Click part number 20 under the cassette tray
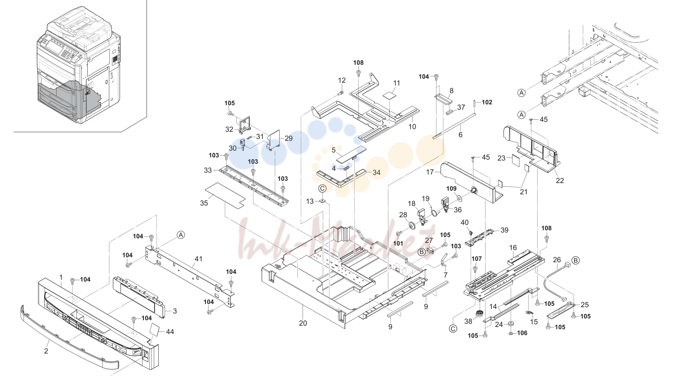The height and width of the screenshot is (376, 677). tap(303, 323)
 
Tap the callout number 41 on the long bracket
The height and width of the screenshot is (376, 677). tap(198, 259)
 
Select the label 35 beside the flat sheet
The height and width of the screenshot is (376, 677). tap(204, 203)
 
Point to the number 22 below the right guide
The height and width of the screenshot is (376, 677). tap(560, 181)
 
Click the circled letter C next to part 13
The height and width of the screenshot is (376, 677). tap(322, 189)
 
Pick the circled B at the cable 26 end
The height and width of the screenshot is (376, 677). tap(576, 260)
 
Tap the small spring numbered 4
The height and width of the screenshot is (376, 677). tap(347, 169)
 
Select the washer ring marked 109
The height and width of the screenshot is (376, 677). tap(459, 198)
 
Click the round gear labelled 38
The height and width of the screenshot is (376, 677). tap(479, 313)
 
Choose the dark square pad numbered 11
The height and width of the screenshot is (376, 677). tap(389, 95)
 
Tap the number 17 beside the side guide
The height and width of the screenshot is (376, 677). tap(430, 172)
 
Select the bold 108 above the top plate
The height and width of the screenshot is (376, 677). tap(358, 63)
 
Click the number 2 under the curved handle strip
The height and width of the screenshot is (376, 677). tap(46, 351)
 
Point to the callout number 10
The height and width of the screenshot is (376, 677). tap(412, 127)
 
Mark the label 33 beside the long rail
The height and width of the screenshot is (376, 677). tap(208, 170)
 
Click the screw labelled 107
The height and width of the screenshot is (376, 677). tap(475, 269)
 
